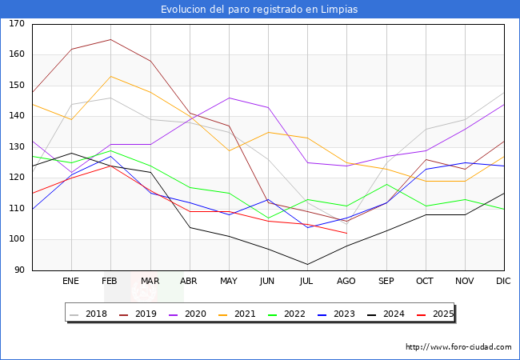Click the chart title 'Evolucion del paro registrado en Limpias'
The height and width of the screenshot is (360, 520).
pyautogui.click(x=259, y=10)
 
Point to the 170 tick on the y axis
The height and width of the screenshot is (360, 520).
pyautogui.click(x=17, y=24)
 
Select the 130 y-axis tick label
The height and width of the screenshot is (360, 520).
pyautogui.click(x=17, y=147)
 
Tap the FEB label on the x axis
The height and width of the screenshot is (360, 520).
pyautogui.click(x=110, y=281)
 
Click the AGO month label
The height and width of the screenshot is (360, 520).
pyautogui.click(x=346, y=281)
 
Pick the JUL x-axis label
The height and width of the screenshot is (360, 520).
pyautogui.click(x=307, y=281)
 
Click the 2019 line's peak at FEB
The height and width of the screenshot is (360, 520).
pyautogui.click(x=110, y=39)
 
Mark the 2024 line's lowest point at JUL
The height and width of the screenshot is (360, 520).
pyautogui.click(x=307, y=264)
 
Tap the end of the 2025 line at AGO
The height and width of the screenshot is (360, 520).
pyautogui.click(x=346, y=233)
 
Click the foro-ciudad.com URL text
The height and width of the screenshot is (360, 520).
pyautogui.click(x=458, y=347)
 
